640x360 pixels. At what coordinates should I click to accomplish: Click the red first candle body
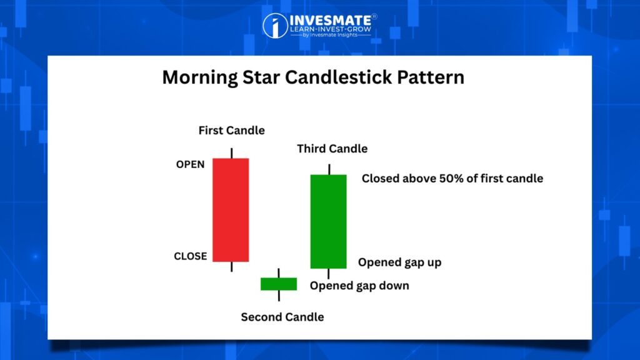pos(231,210)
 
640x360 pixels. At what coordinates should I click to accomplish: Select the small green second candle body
pos(279,284)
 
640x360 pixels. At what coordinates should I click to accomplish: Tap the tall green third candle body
pos(329,222)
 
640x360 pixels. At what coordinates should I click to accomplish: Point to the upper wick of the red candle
pos(232,153)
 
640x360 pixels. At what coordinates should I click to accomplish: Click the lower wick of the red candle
pos(232,266)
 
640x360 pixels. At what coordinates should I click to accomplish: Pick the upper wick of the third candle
pos(329,169)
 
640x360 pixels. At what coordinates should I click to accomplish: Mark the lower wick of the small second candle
pos(279,296)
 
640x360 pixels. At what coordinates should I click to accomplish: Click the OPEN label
pos(190,164)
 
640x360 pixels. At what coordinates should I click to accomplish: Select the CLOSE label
pos(190,256)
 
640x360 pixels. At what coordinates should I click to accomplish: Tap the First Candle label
pos(231,131)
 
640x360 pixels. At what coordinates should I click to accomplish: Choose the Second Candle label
pos(282,317)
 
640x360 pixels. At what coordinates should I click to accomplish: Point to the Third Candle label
pos(332,149)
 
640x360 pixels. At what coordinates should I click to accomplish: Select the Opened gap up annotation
pos(399,262)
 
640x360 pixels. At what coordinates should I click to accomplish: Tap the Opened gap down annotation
pos(359,286)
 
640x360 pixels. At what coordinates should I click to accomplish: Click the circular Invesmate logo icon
pos(275,26)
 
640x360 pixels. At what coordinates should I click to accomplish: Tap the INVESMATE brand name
pos(330,20)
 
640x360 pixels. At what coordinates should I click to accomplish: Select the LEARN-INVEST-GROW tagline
pos(331,29)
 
